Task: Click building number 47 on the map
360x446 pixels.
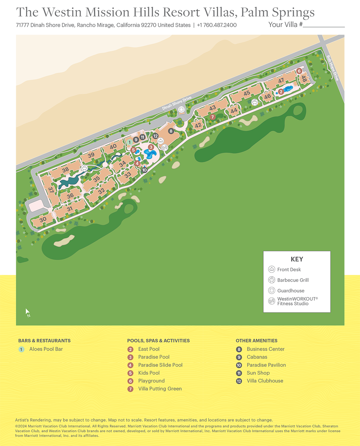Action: coord(281,81)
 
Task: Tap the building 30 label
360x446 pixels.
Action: coord(43,220)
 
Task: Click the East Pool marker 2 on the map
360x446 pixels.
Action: coord(281,92)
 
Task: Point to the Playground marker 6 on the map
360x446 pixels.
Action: coord(299,71)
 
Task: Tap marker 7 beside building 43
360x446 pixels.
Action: coord(212,117)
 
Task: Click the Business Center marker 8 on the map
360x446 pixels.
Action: coord(171,131)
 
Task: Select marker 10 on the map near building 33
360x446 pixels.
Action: coord(144,170)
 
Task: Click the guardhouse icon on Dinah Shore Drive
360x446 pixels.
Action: coord(181,110)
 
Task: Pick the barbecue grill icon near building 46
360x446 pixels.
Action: coord(255,102)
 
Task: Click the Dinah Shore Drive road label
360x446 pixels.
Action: coord(177,103)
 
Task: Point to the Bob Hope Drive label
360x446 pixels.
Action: coord(332,68)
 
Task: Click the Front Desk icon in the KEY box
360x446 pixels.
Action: coord(271,269)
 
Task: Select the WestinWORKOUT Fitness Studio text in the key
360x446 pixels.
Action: coord(297,301)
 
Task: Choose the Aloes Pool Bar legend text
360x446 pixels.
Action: coord(46,349)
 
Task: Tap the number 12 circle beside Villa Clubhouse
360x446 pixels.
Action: coord(239,381)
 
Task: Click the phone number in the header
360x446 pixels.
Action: coord(217,25)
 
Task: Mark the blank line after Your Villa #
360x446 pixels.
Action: coord(324,25)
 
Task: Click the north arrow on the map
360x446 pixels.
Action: coord(27,313)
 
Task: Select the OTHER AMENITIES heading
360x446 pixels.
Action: coord(256,341)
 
